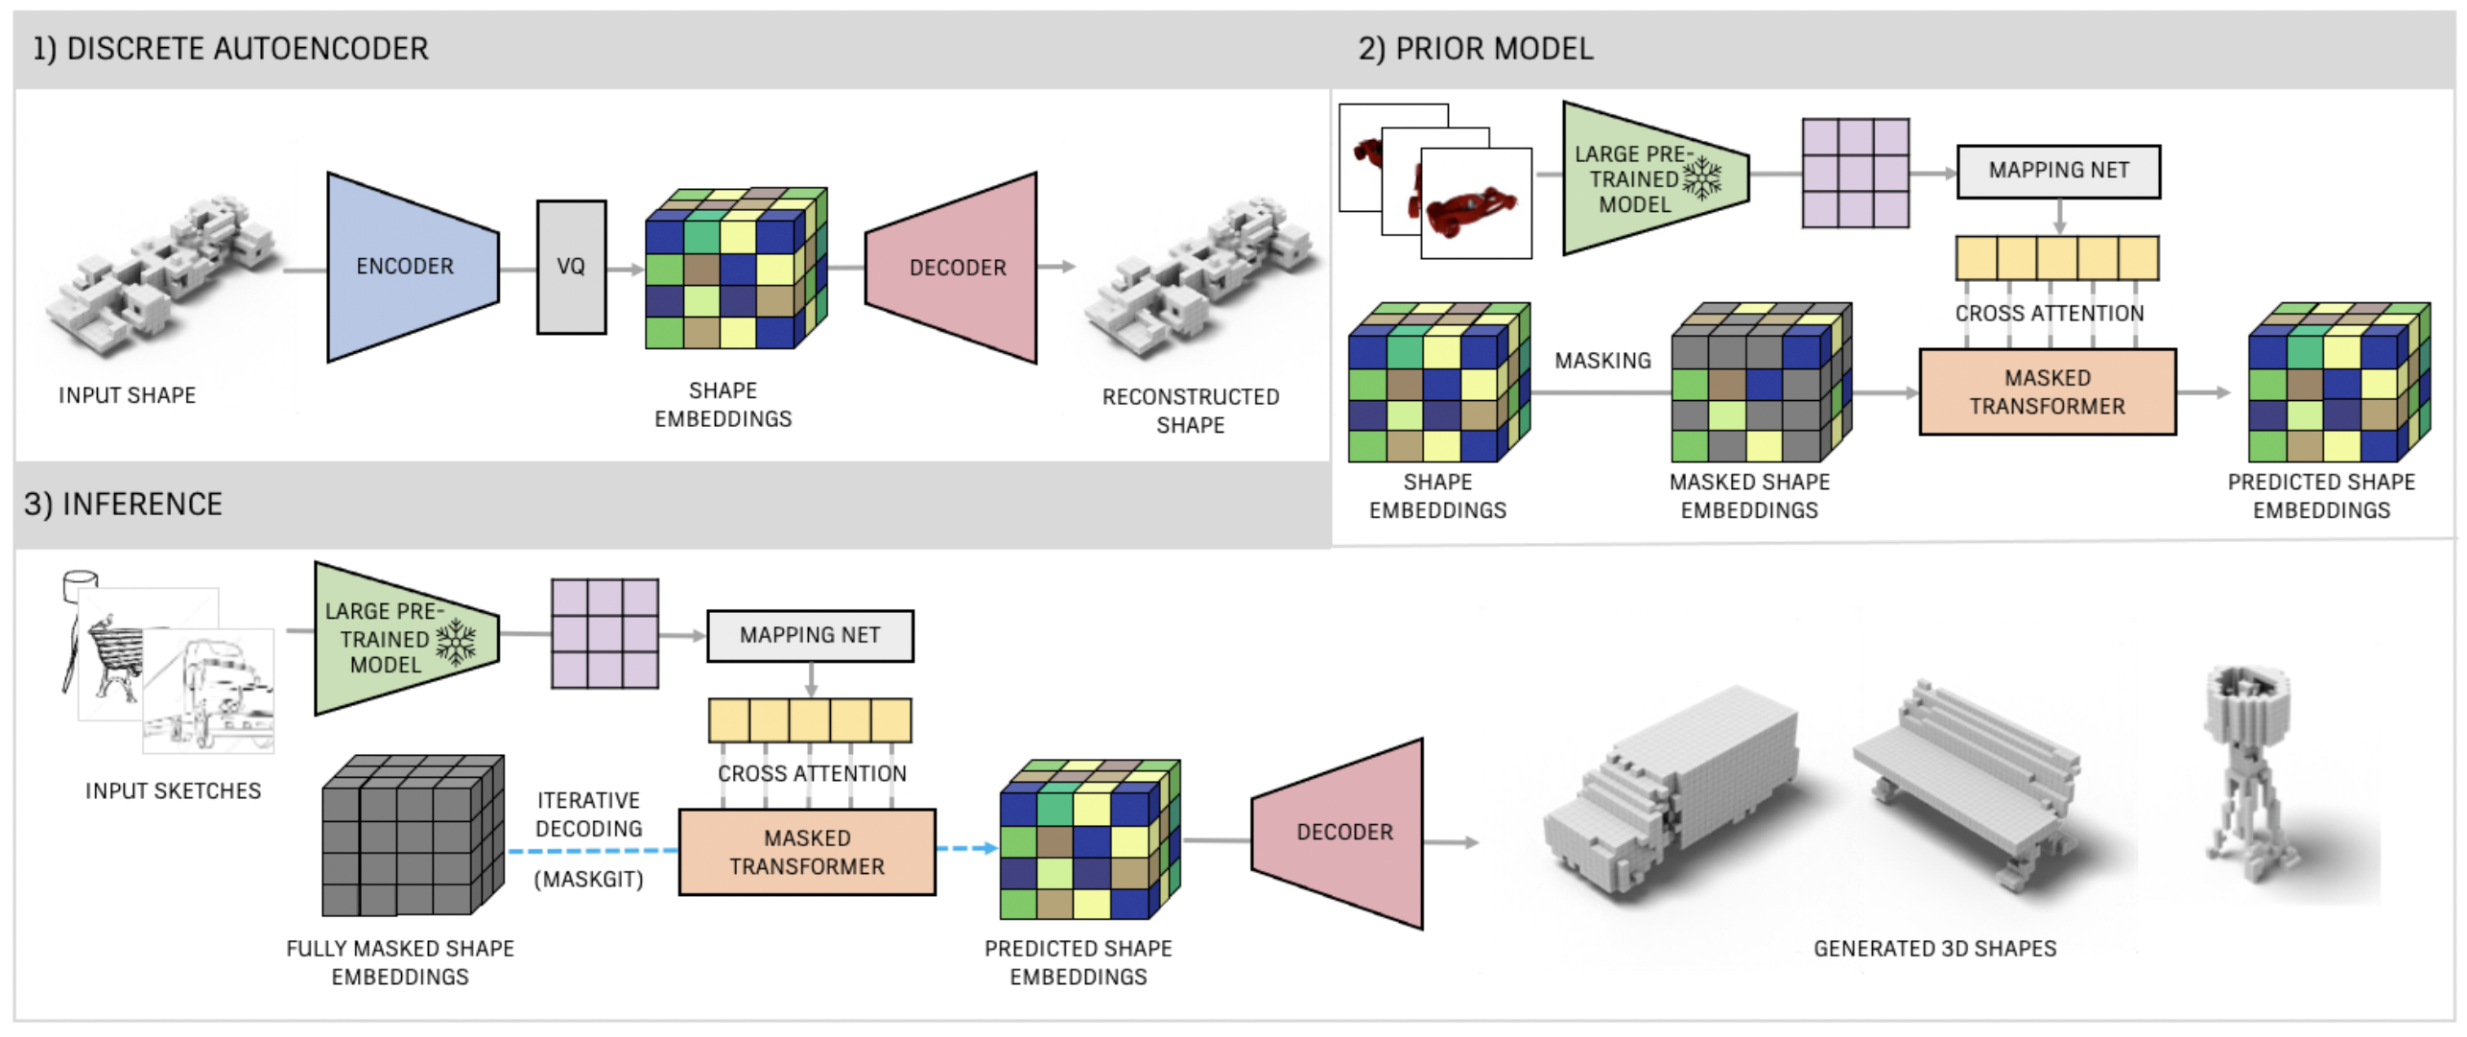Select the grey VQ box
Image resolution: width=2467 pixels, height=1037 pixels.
pyautogui.click(x=571, y=267)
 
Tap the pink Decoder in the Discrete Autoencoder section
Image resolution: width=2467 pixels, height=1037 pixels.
pyautogui.click(x=955, y=268)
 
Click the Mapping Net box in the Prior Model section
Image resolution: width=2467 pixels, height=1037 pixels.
pyautogui.click(x=2057, y=171)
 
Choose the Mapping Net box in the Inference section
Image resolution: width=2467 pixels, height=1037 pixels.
pyautogui.click(x=809, y=635)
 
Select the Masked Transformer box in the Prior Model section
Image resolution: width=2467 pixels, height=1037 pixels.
pyautogui.click(x=2047, y=391)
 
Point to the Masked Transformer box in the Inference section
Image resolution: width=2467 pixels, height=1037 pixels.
pyautogui.click(x=806, y=852)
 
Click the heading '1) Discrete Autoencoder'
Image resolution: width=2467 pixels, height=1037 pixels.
pyautogui.click(x=230, y=49)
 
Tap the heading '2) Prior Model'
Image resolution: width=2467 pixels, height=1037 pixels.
pyautogui.click(x=1475, y=49)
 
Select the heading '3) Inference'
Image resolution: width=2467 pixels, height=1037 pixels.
pyautogui.click(x=123, y=504)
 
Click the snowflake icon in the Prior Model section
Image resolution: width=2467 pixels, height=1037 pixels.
pyautogui.click(x=1702, y=177)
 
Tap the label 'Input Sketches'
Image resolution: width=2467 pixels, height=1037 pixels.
pyautogui.click(x=173, y=790)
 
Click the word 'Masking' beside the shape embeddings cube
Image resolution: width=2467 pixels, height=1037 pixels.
pyautogui.click(x=1602, y=361)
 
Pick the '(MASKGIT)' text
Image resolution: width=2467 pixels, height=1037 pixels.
pyautogui.click(x=588, y=879)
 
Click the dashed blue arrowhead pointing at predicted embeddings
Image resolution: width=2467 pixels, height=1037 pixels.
pyautogui.click(x=988, y=848)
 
